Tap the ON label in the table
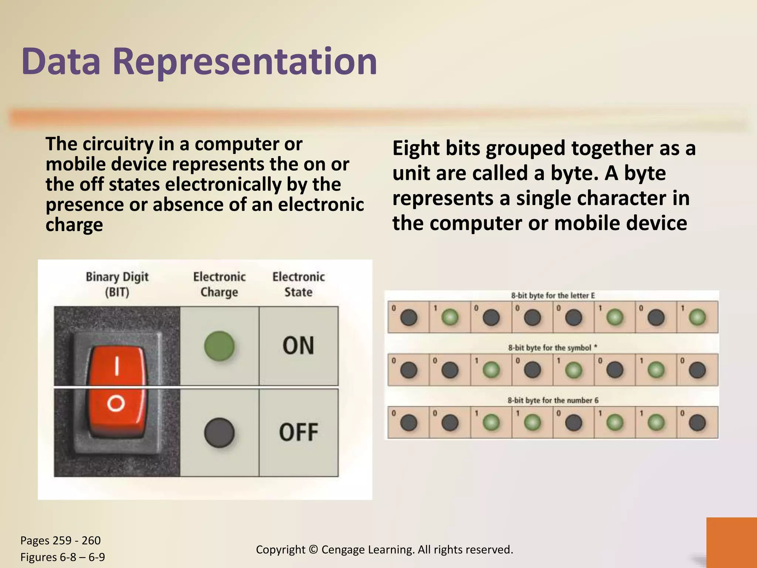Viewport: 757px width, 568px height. [298, 346]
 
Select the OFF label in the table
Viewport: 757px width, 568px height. [298, 432]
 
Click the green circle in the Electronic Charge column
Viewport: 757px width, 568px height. [219, 346]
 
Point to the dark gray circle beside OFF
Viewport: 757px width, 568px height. [219, 432]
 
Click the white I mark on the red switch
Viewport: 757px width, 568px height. [117, 366]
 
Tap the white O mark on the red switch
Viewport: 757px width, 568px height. [116, 403]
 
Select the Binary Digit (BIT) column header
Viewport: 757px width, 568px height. [117, 284]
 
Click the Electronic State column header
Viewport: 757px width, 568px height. [298, 284]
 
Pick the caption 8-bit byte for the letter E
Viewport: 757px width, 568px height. [553, 295]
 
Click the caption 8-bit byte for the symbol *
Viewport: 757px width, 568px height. [553, 348]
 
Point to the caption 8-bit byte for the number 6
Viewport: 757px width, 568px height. [553, 400]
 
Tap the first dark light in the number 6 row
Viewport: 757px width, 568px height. [408, 423]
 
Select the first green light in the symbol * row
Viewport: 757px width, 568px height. [491, 370]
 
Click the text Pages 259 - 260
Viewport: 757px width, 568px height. [60, 540]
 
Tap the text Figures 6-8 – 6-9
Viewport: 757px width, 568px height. [62, 557]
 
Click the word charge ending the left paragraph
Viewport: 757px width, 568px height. [74, 225]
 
